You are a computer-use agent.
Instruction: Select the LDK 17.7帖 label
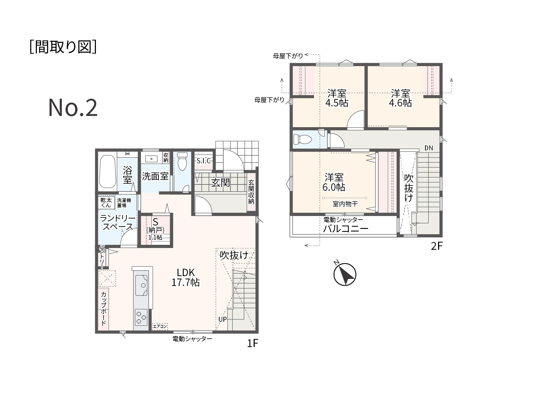point(185,277)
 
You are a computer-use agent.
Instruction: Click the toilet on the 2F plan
point(302,139)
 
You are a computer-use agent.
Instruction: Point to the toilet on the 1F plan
point(182,161)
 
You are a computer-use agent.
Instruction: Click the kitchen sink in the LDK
point(141,285)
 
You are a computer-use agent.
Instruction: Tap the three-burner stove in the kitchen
point(141,318)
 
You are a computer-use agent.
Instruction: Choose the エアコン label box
point(159,326)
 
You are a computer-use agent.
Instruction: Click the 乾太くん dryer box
point(106,203)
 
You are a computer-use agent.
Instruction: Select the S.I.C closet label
point(203,161)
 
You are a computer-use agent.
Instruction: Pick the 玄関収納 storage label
point(251,192)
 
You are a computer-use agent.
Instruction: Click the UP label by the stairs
point(222,319)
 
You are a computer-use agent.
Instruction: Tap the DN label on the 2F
point(429,148)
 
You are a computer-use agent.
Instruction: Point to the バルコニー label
point(346,229)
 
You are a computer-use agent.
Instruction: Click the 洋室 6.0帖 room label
point(334,182)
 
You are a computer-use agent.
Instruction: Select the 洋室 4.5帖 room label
point(337,98)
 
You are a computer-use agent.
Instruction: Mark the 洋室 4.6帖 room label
point(400,98)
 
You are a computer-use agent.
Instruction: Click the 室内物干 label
point(345,204)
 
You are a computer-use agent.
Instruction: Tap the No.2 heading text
point(73,108)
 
